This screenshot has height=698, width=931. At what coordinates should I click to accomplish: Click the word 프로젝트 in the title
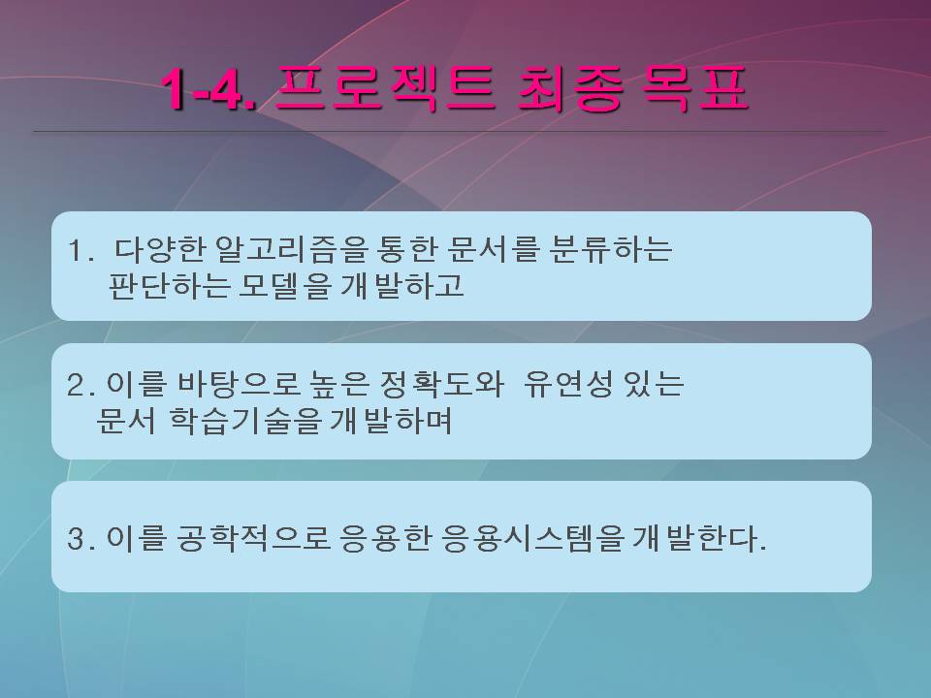[385, 89]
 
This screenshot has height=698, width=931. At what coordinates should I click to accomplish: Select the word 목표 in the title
[694, 89]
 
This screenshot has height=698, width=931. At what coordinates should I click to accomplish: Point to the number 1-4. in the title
[209, 89]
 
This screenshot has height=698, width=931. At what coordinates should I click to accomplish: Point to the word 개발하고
[401, 286]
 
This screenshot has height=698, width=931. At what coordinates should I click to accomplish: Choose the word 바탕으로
[239, 384]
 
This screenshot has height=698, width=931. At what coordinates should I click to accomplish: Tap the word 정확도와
[434, 384]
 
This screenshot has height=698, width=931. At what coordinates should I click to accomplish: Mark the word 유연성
[567, 384]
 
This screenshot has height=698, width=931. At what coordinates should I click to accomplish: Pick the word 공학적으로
[253, 539]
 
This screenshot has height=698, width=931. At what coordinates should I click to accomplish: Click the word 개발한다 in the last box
[693, 539]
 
